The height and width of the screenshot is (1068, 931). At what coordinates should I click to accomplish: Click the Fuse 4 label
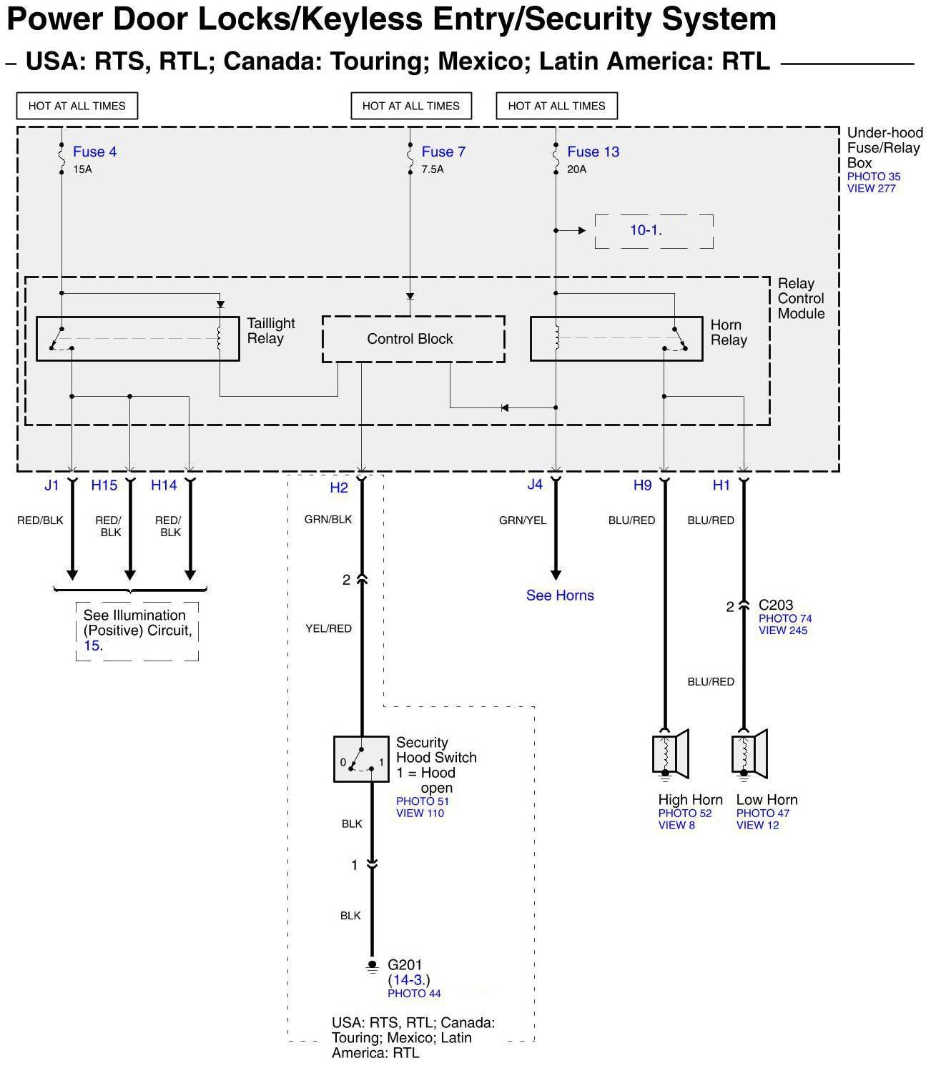[x=94, y=152]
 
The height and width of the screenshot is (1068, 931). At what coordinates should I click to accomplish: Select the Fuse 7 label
[x=443, y=152]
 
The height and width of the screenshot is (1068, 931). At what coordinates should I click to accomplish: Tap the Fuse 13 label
[x=593, y=152]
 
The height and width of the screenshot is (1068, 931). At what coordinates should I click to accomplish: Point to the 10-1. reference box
[x=654, y=231]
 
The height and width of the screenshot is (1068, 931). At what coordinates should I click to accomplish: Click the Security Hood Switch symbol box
[x=362, y=758]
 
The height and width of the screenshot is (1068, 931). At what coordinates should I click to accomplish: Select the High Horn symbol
[x=671, y=753]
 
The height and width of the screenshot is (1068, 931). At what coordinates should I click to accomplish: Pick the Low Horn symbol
[x=749, y=753]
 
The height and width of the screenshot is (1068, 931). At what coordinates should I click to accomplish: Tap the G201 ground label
[x=405, y=965]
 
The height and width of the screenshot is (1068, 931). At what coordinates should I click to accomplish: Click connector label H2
[x=339, y=488]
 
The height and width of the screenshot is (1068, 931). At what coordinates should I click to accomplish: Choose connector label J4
[x=535, y=485]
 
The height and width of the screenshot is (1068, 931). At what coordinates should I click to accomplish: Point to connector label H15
[x=104, y=485]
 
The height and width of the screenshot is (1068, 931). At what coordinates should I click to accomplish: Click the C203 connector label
[x=775, y=605]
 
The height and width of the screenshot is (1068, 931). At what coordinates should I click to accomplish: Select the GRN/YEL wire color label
[x=523, y=520]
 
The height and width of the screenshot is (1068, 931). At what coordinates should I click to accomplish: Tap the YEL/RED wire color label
[x=329, y=628]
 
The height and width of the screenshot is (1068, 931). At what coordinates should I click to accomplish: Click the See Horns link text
[x=560, y=595]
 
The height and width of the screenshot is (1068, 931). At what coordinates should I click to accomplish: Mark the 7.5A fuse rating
[x=433, y=169]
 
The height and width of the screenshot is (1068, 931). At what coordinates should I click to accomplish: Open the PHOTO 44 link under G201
[x=414, y=994]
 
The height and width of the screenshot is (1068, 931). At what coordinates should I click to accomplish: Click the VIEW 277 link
[x=871, y=189]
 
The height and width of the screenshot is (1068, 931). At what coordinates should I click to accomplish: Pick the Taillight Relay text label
[x=270, y=331]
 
